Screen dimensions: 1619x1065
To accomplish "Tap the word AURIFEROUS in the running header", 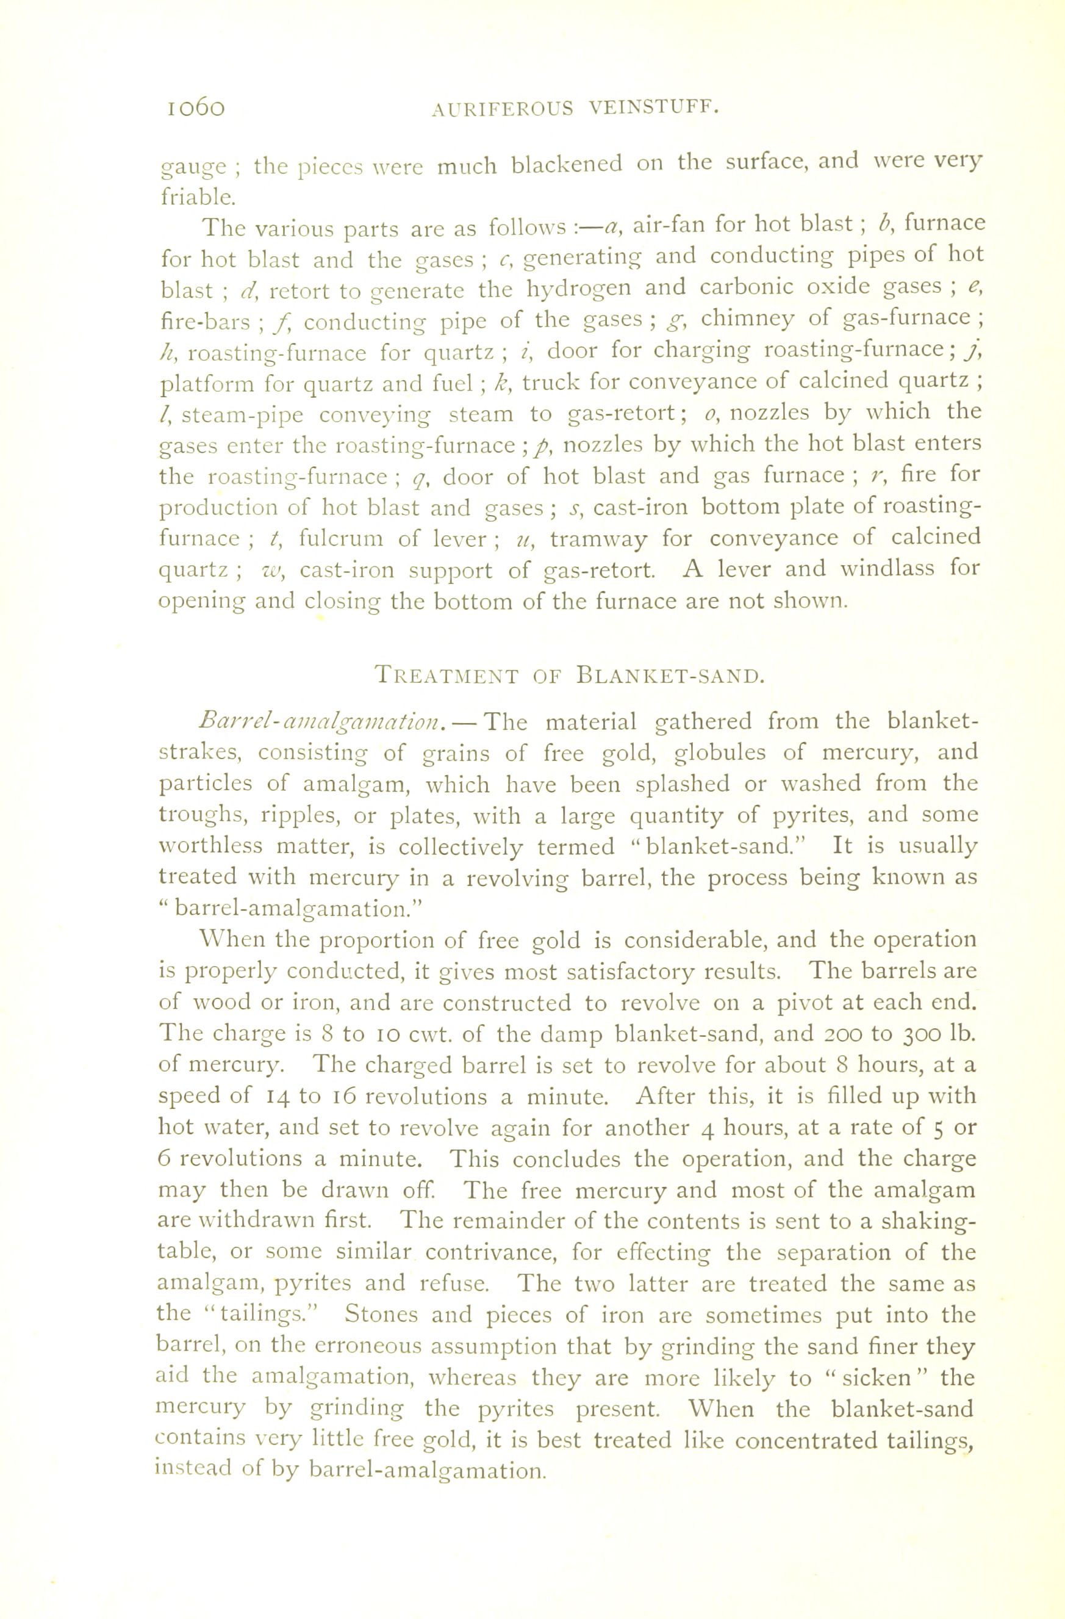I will click(x=502, y=109).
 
